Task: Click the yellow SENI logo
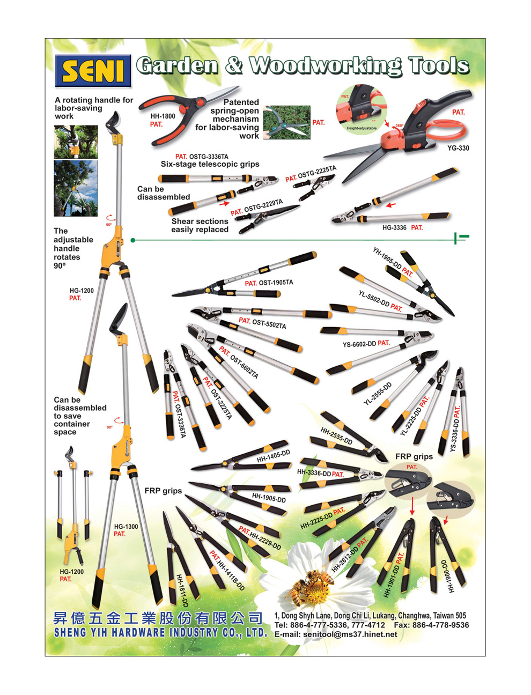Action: point(93,71)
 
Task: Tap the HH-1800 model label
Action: point(163,116)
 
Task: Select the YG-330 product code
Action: point(458,148)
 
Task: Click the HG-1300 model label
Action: point(126,527)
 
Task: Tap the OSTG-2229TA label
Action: point(263,207)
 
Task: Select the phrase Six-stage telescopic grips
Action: point(210,164)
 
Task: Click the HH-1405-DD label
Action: point(273,456)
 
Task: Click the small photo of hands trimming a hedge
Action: point(287,122)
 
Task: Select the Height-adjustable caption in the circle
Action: point(362,128)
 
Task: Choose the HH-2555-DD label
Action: point(336,436)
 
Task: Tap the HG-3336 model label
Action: point(394,227)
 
